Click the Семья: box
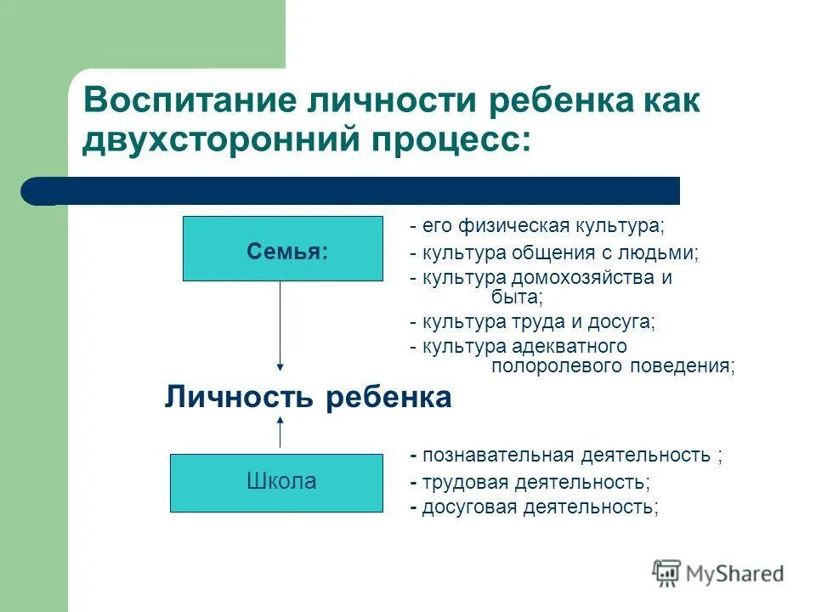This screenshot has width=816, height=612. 282,249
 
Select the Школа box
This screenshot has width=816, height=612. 276,482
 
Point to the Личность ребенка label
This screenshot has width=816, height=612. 307,398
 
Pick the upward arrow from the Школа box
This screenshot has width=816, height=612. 280,433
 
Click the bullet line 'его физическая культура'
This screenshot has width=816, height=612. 536,227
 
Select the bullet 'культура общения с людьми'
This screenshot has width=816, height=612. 553,252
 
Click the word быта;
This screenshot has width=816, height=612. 516,297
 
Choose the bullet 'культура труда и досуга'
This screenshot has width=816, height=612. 532,321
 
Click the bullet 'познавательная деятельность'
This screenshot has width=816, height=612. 565,456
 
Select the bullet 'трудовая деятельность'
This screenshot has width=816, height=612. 530,482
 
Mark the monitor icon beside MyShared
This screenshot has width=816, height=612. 666,574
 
